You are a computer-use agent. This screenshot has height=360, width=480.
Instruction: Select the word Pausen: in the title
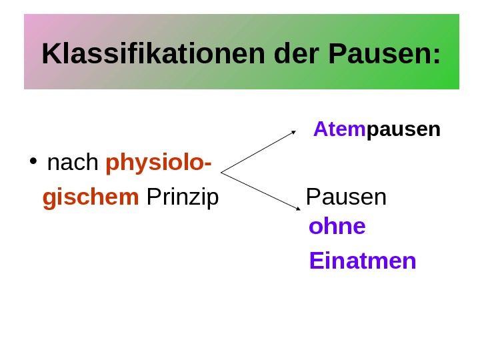(x=385, y=54)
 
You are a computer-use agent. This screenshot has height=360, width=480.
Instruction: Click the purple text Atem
(x=339, y=129)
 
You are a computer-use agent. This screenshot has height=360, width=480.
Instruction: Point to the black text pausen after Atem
(x=403, y=129)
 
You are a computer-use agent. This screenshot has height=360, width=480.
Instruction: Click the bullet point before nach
(x=33, y=162)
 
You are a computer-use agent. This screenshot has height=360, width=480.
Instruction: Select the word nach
(x=73, y=162)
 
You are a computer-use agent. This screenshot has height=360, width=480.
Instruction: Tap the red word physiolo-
(x=159, y=163)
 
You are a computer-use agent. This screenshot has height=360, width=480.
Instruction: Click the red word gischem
(x=91, y=197)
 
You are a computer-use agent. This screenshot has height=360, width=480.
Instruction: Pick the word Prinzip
(x=182, y=197)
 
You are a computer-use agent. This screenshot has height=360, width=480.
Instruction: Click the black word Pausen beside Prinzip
(x=346, y=197)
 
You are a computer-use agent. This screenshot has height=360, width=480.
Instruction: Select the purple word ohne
(x=337, y=227)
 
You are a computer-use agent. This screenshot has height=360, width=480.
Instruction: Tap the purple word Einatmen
(x=363, y=261)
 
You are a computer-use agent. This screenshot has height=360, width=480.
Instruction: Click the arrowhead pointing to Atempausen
(x=293, y=132)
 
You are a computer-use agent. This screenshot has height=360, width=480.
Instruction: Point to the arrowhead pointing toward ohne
(x=298, y=209)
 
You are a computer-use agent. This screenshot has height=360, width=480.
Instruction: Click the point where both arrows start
(x=221, y=173)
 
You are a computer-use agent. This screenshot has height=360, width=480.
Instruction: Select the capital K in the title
(x=50, y=54)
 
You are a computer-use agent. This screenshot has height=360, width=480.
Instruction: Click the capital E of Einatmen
(x=315, y=261)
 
